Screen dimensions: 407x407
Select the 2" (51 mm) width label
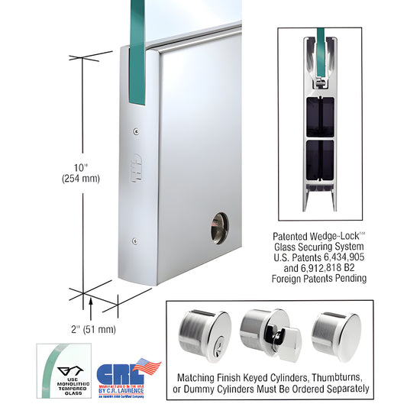point(89,330)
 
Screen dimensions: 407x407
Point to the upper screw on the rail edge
point(136,131)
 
